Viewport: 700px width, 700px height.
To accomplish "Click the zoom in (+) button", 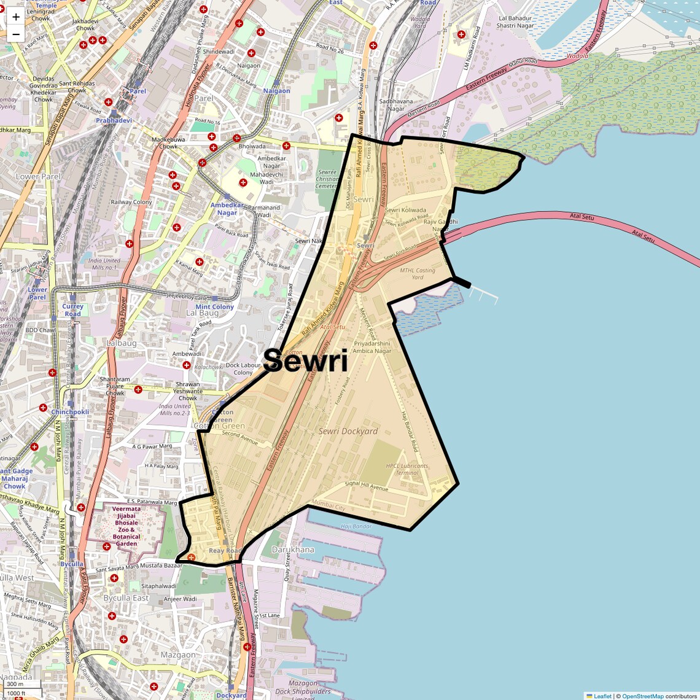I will pos(16,17).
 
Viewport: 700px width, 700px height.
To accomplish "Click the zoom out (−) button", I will pos(16,34).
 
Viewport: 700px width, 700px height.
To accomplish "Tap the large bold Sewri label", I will pos(306,361).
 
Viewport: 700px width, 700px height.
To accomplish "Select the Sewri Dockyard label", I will pos(348,431).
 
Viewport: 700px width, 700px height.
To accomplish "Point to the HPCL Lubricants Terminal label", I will pos(406,469).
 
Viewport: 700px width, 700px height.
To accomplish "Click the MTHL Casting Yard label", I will pos(418,273).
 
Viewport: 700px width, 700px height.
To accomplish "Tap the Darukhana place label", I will pos(293,550).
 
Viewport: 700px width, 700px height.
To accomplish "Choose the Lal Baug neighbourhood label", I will pos(202,313).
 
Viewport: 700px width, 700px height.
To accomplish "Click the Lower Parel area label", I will pos(38,176).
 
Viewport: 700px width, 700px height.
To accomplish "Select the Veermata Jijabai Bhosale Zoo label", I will pos(126,526).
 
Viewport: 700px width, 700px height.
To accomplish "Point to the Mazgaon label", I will pos(178,655).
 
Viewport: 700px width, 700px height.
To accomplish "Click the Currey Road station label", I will pos(72,310).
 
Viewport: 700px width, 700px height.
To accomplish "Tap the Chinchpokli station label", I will pos(70,412).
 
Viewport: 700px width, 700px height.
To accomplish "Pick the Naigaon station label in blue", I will pos(276,91).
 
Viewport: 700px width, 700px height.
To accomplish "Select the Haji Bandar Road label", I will pos(410,432).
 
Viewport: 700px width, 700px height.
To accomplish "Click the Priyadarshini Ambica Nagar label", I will pos(372,348).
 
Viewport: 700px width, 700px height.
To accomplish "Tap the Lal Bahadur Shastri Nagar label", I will pos(515,22).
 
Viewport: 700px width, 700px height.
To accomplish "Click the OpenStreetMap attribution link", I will pos(643,696).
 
